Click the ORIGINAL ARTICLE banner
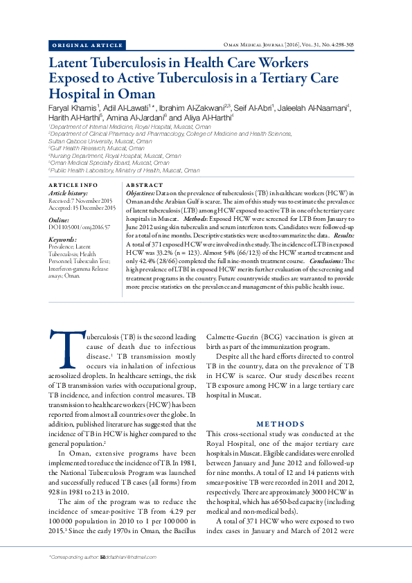click(87, 46)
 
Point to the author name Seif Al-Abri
click(253, 109)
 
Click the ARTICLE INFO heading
click(73, 186)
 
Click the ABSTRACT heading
click(144, 186)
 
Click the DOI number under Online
click(80, 226)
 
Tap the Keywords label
click(63, 239)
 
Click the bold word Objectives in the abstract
click(141, 193)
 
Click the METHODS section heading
click(280, 423)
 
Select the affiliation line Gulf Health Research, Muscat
click(97, 148)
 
